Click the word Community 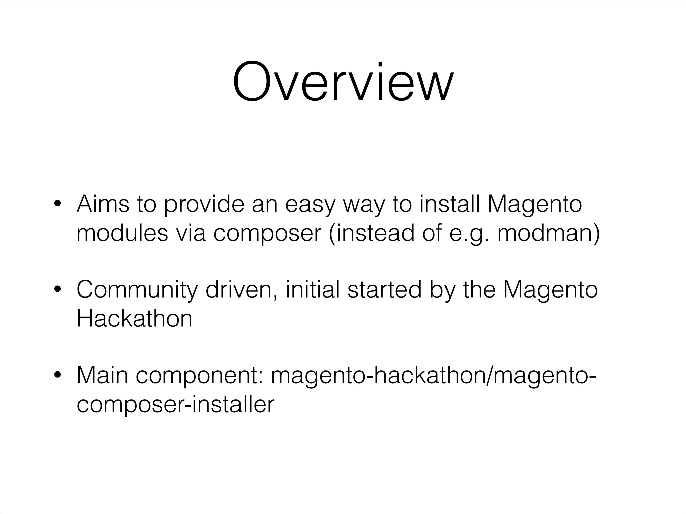137,290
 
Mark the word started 385,290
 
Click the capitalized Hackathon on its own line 135,318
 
